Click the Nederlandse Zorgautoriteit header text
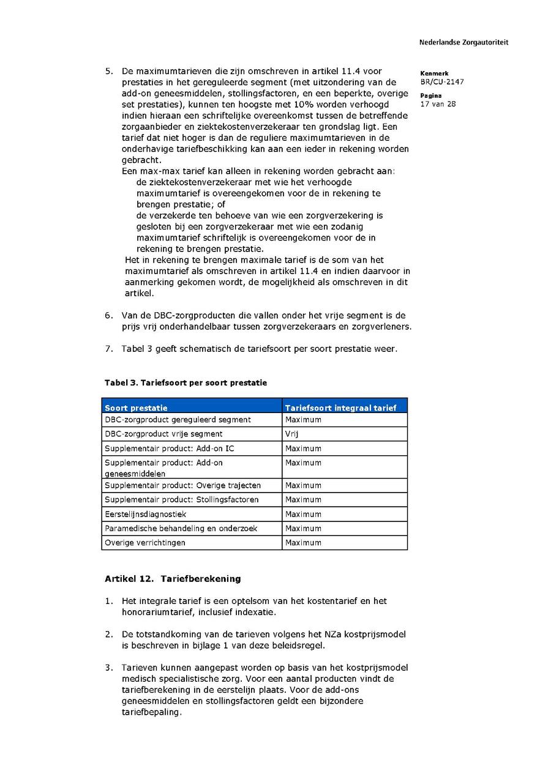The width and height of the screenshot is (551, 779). pyautogui.click(x=463, y=42)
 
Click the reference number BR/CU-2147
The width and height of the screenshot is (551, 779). pyautogui.click(x=442, y=81)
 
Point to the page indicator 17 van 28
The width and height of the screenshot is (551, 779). pyautogui.click(x=438, y=103)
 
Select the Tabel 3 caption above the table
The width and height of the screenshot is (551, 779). pyautogui.click(x=186, y=382)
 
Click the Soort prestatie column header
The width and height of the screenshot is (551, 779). pyautogui.click(x=136, y=408)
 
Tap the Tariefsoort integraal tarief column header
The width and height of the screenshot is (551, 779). pyautogui.click(x=340, y=408)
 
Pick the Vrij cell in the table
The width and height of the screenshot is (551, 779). pyautogui.click(x=291, y=434)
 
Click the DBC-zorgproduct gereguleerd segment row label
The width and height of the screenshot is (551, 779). pyautogui.click(x=178, y=420)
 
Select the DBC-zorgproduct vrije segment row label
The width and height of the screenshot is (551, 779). pyautogui.click(x=163, y=434)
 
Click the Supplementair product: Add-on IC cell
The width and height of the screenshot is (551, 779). pyautogui.click(x=170, y=449)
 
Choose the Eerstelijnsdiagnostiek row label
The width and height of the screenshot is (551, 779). pyautogui.click(x=146, y=514)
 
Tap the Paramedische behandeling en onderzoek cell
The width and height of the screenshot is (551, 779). pyautogui.click(x=181, y=528)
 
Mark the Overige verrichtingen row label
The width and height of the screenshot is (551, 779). pyautogui.click(x=145, y=543)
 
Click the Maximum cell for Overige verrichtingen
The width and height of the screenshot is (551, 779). pyautogui.click(x=303, y=543)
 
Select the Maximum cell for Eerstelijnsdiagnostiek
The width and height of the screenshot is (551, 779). pyautogui.click(x=303, y=514)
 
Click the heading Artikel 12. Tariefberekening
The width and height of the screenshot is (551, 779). pyautogui.click(x=173, y=578)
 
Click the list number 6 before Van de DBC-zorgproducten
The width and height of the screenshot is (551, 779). pyautogui.click(x=108, y=315)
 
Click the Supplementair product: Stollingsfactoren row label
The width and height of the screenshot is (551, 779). pyautogui.click(x=182, y=499)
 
